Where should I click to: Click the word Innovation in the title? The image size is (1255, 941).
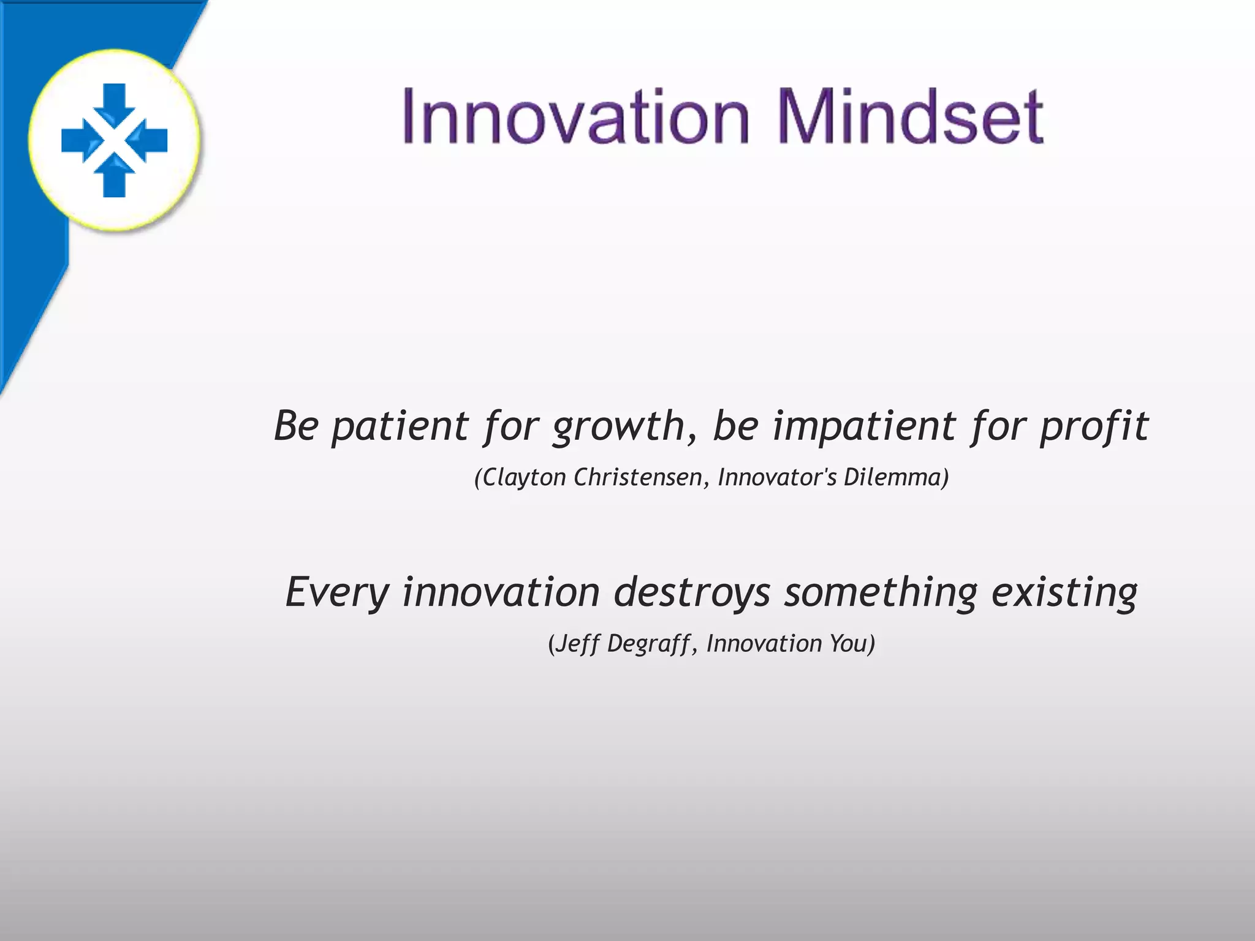pyautogui.click(x=575, y=116)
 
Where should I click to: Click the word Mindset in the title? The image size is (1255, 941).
pyautogui.click(x=910, y=116)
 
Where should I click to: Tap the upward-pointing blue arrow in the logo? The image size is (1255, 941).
pyautogui.click(x=114, y=178)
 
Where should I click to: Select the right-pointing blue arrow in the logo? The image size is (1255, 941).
pyautogui.click(x=78, y=140)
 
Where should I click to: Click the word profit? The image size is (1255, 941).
pyautogui.click(x=1094, y=427)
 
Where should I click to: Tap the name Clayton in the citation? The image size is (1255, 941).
pyautogui.click(x=525, y=478)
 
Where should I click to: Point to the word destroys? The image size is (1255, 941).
pyautogui.click(x=692, y=593)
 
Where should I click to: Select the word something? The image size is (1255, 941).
pyautogui.click(x=881, y=593)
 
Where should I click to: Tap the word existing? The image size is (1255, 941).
pyautogui.click(x=1064, y=593)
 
